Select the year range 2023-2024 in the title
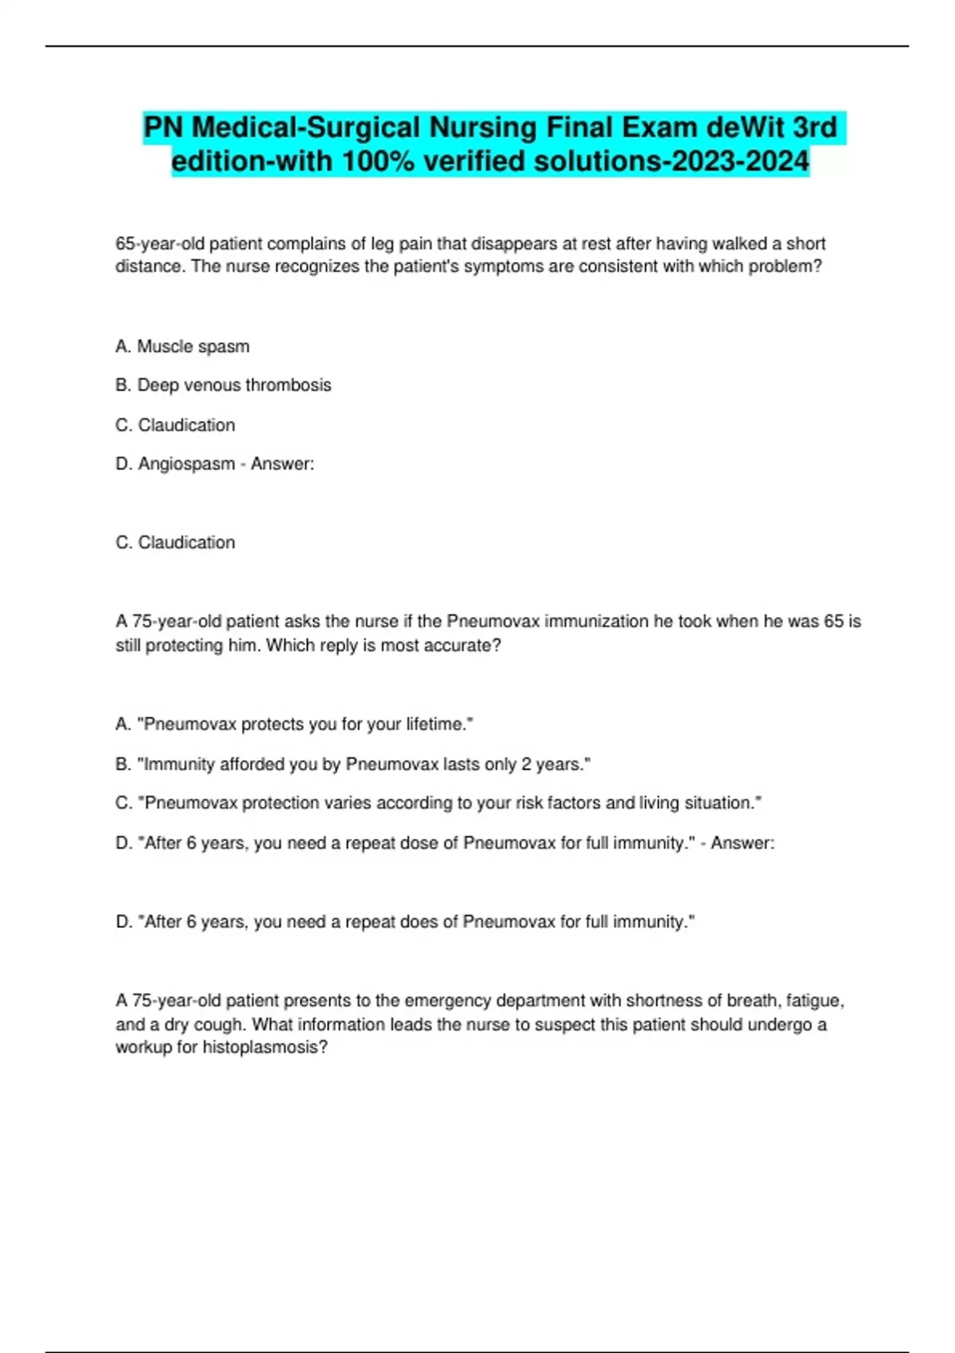point(740,162)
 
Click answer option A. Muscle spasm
point(182,346)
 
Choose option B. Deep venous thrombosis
point(223,385)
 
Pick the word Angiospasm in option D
point(186,464)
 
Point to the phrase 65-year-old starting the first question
point(159,244)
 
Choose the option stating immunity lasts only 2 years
point(353,764)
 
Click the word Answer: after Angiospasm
point(283,464)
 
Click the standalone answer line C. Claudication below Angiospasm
point(175,543)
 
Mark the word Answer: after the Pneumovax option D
point(743,843)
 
